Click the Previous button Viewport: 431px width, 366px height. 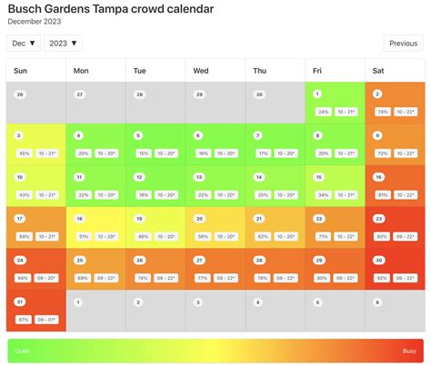click(x=403, y=43)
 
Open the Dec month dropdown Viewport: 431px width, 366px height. click(x=24, y=43)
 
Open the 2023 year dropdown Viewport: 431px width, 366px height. click(x=63, y=43)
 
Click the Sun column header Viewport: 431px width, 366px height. click(x=20, y=71)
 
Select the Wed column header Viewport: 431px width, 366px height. click(x=201, y=71)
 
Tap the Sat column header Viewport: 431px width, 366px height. click(x=377, y=71)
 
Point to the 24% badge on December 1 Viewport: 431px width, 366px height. click(x=323, y=112)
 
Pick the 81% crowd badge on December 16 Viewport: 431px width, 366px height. click(x=383, y=195)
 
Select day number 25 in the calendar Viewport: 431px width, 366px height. click(x=80, y=260)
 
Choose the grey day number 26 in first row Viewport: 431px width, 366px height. click(x=20, y=94)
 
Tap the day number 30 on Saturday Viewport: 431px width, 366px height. click(x=378, y=260)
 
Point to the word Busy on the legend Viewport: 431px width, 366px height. click(x=410, y=351)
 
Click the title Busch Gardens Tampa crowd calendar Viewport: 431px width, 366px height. click(x=110, y=9)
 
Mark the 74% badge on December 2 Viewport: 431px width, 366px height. click(x=383, y=112)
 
